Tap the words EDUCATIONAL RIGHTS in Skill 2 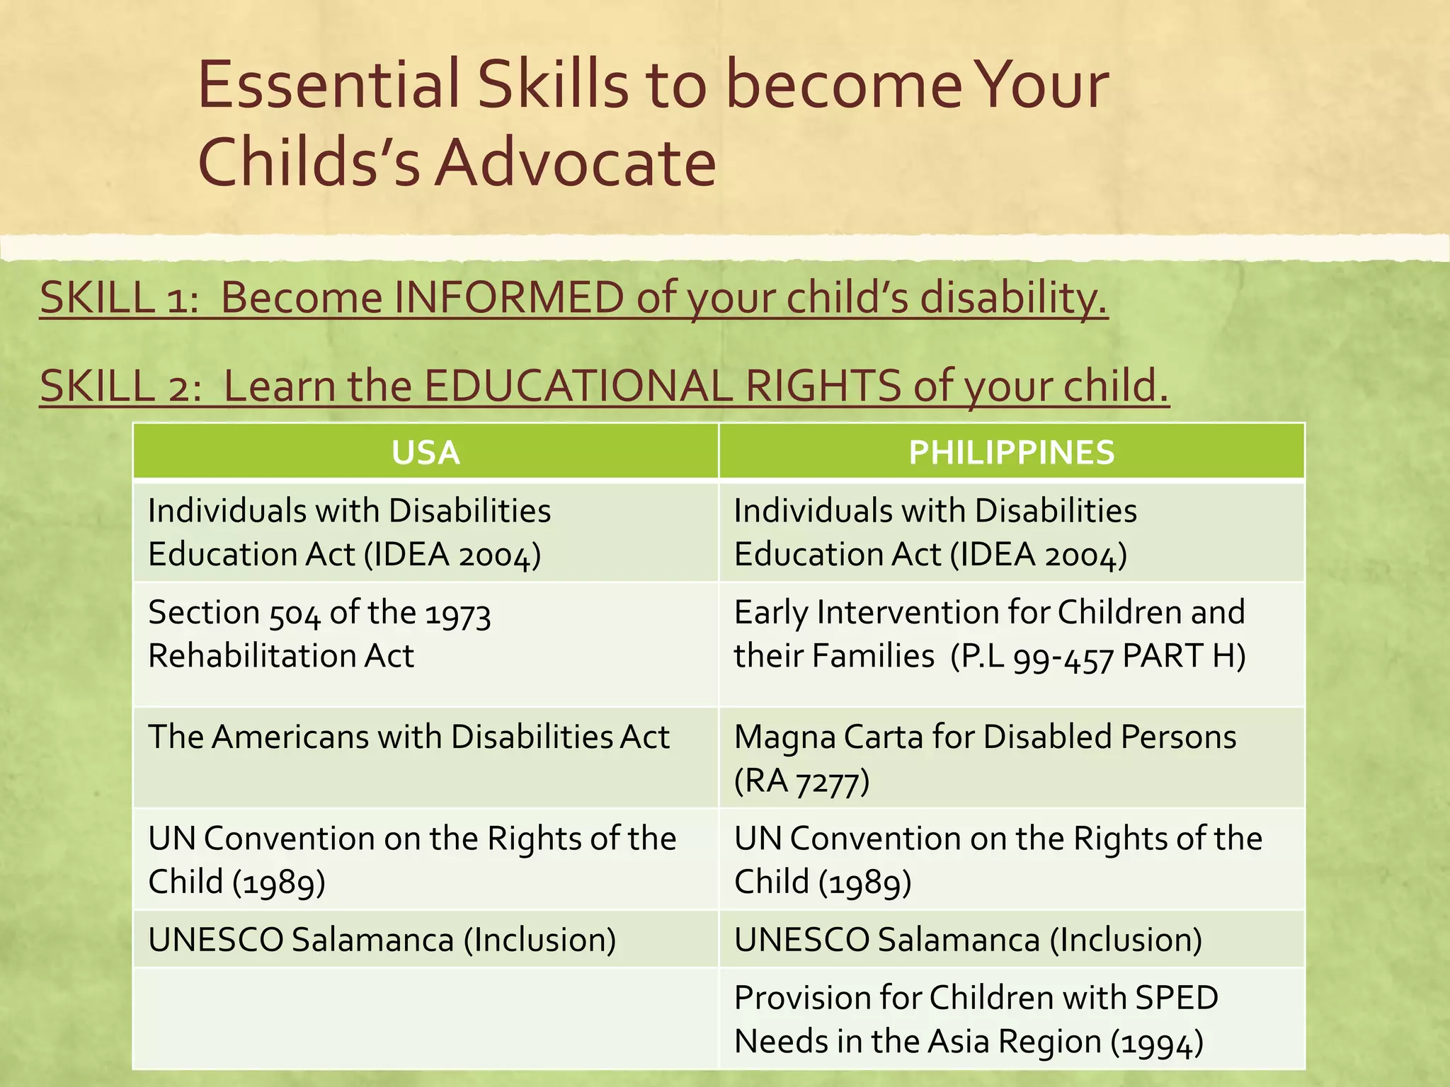click(x=661, y=386)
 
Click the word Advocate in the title click(x=575, y=162)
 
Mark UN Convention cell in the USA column click(x=425, y=859)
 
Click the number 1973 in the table click(x=457, y=614)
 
